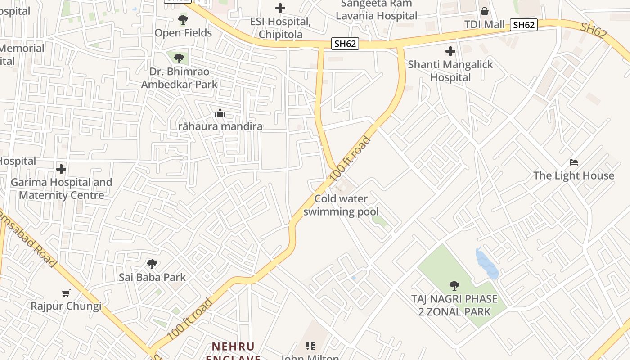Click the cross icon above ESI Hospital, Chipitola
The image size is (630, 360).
(280, 8)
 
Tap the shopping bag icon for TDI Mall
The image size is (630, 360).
(485, 11)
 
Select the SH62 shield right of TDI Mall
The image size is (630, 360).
(524, 25)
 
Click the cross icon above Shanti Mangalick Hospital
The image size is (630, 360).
(450, 51)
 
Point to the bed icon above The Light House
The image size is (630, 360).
(573, 162)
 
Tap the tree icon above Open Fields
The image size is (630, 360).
(183, 20)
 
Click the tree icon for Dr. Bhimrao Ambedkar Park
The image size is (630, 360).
(179, 58)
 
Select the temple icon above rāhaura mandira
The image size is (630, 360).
(220, 113)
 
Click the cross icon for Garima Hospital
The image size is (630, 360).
(61, 169)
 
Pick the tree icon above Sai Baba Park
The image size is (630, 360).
(152, 264)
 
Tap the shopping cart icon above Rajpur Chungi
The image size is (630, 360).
(66, 293)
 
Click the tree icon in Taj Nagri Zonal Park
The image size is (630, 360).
(454, 285)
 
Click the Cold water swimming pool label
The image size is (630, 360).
(341, 205)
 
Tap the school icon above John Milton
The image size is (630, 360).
(310, 346)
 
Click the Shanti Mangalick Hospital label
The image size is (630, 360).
(450, 71)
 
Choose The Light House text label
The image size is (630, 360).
(573, 175)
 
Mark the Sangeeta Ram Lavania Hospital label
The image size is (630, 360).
(376, 10)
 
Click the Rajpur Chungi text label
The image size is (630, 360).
(66, 306)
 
